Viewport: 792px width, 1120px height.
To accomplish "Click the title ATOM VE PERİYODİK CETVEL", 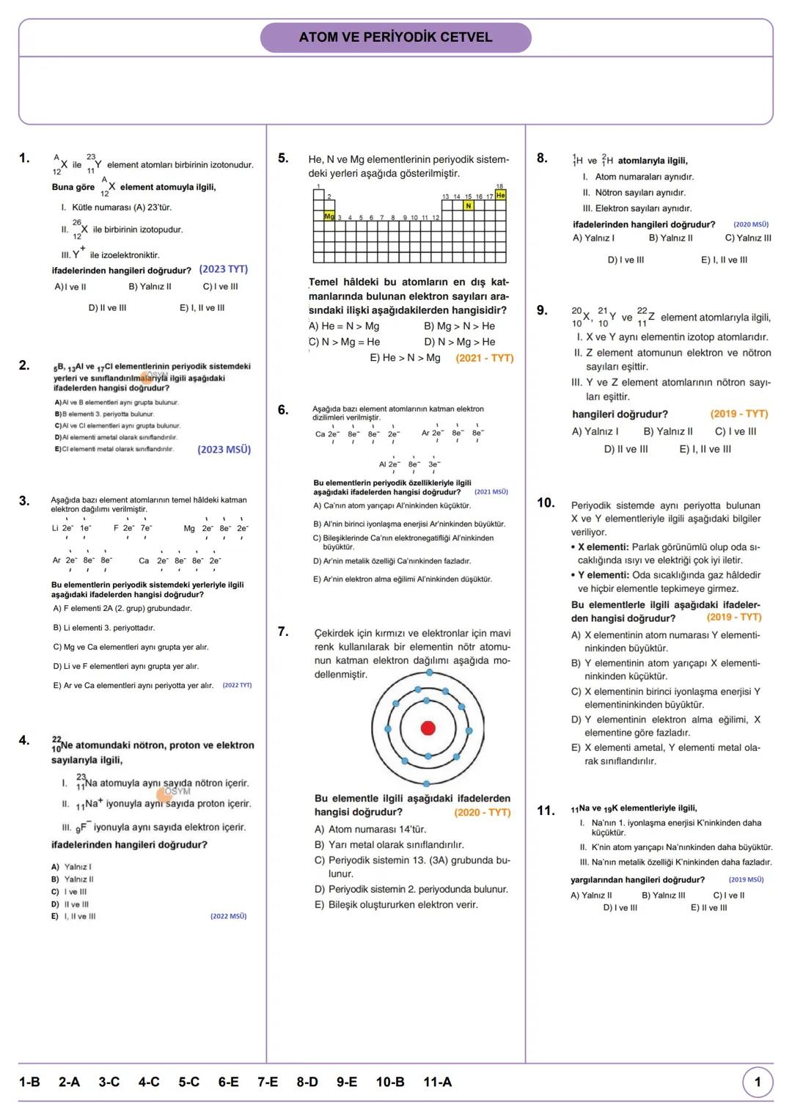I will pos(395,37).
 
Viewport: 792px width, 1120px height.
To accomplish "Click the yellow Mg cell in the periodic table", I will pos(329,216).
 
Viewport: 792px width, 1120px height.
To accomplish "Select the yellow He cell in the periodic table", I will pos(501,195).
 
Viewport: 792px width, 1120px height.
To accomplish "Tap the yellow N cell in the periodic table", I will pos(469,206).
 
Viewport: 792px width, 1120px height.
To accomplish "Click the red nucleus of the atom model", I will pos(428,728).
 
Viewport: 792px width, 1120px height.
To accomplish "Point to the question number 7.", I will pos(283,632).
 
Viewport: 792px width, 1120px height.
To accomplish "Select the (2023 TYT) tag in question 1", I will pos(224,269).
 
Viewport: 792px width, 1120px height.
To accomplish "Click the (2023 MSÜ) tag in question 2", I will pos(224,450).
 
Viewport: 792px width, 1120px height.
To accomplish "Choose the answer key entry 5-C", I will pos(188,1082).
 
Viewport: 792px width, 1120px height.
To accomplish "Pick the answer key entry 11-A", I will pos(438,1082).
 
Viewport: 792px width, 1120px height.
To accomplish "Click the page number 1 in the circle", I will pos(758,1082).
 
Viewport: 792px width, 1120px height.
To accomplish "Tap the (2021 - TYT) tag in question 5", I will pos(485,358).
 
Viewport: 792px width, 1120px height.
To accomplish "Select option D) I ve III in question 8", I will pos(626,260).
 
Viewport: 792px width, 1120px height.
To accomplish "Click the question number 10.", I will pos(546,502).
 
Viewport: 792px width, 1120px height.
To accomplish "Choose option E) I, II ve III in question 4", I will pos(73,916).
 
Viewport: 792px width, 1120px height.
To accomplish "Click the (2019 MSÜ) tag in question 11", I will pos(746,879).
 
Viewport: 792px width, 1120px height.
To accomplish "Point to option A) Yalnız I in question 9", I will pos(595,431).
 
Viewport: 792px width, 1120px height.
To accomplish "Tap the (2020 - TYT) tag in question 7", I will pos(483,812).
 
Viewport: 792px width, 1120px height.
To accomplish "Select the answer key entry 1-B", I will pos(29,1082).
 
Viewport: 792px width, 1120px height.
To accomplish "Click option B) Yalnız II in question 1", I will pos(150,287).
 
